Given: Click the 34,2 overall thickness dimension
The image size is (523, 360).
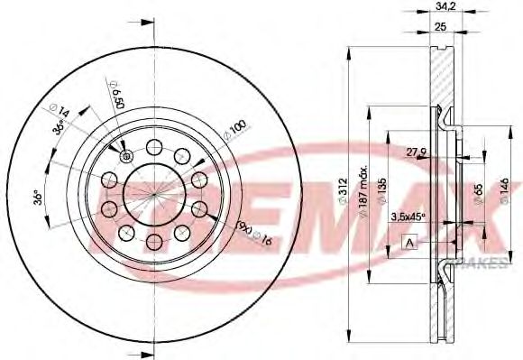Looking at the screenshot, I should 443,7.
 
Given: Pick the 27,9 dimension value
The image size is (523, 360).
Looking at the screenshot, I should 416,150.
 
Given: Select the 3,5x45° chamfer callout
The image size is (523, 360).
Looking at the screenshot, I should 408,217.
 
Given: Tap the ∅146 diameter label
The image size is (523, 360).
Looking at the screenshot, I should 501,190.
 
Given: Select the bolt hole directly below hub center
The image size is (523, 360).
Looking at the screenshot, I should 153,241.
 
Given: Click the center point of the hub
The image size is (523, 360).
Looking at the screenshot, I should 153,193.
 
